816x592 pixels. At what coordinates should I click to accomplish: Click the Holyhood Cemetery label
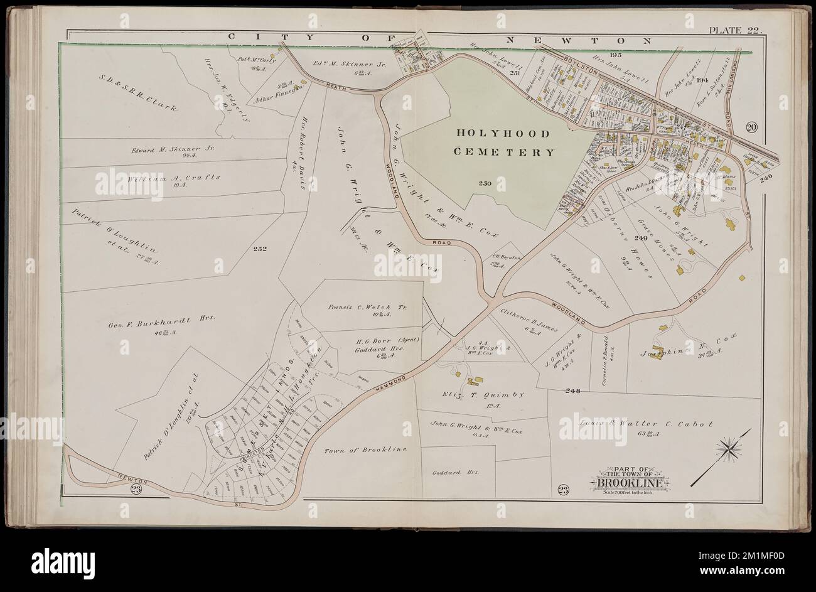click(505, 143)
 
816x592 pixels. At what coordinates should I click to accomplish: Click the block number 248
click(572, 391)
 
